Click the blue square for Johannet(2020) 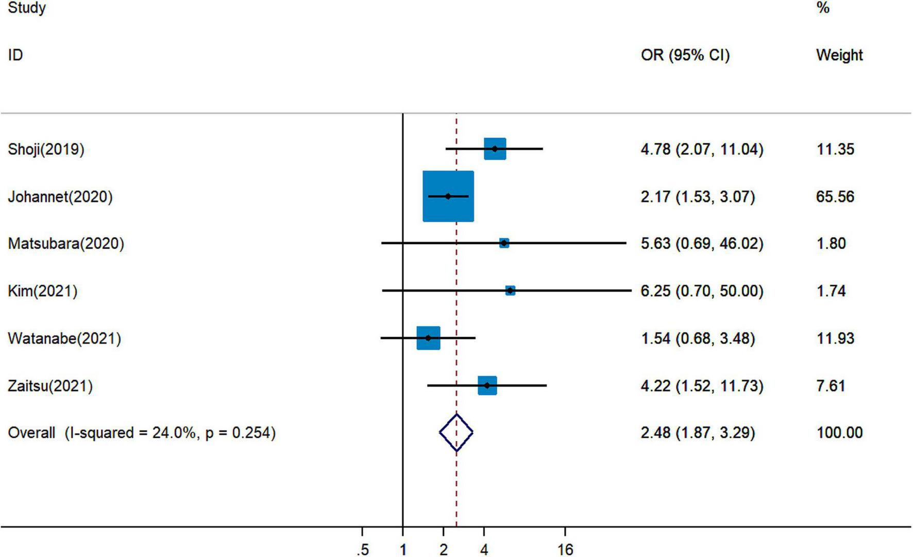point(448,196)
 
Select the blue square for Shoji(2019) point(495,149)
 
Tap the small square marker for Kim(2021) point(510,291)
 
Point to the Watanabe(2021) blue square point(428,338)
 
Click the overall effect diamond point(456,432)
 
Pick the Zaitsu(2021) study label point(50,386)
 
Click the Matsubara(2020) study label point(66,243)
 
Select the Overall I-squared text point(142,432)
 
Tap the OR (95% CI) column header point(685,55)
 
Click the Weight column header point(839,55)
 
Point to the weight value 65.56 point(835,196)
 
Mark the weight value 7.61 point(831,386)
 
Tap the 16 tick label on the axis point(565,550)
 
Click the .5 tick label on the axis point(363,550)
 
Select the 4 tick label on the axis point(484,550)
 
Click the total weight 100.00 point(839,432)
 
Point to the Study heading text point(27,8)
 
